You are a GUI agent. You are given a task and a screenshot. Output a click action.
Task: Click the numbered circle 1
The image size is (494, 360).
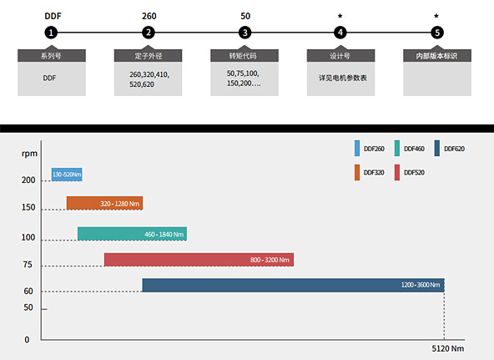click(x=51, y=33)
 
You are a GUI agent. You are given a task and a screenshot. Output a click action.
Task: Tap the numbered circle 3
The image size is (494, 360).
click(x=244, y=33)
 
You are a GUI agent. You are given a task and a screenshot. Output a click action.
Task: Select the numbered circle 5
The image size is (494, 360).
click(x=437, y=33)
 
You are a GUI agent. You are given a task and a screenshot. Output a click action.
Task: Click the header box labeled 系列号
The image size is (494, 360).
click(x=52, y=55)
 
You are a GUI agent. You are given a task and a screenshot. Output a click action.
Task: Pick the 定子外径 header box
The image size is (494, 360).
click(x=148, y=55)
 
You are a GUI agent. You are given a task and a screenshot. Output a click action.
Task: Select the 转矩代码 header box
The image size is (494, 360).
click(x=244, y=55)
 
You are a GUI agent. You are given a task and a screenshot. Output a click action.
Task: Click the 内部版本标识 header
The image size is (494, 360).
click(x=437, y=55)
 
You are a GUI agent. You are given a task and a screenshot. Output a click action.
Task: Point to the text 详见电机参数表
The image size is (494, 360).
click(x=343, y=78)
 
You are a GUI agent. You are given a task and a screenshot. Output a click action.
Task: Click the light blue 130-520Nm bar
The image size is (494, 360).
click(x=67, y=175)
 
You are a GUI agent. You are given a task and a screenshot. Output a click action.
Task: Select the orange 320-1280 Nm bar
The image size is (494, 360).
click(x=104, y=203)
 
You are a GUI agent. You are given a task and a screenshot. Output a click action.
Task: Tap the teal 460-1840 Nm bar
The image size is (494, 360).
click(x=132, y=234)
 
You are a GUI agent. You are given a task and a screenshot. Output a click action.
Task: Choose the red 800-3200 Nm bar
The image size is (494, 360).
click(x=199, y=260)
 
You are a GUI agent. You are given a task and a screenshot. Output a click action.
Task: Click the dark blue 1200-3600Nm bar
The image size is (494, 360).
click(x=294, y=285)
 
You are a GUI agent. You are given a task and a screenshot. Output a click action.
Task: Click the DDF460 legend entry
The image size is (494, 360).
click(x=409, y=149)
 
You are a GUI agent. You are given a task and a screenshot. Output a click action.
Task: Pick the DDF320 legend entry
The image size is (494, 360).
click(x=369, y=172)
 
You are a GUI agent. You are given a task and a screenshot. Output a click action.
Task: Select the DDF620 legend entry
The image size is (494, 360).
click(x=449, y=149)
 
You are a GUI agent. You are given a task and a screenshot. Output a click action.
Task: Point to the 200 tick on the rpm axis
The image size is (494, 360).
click(x=28, y=180)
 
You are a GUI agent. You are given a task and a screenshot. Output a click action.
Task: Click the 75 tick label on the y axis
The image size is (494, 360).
click(x=28, y=265)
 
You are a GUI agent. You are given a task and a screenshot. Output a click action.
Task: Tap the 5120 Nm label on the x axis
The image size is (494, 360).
click(x=447, y=348)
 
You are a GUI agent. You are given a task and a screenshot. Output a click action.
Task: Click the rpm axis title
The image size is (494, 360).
click(x=29, y=154)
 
